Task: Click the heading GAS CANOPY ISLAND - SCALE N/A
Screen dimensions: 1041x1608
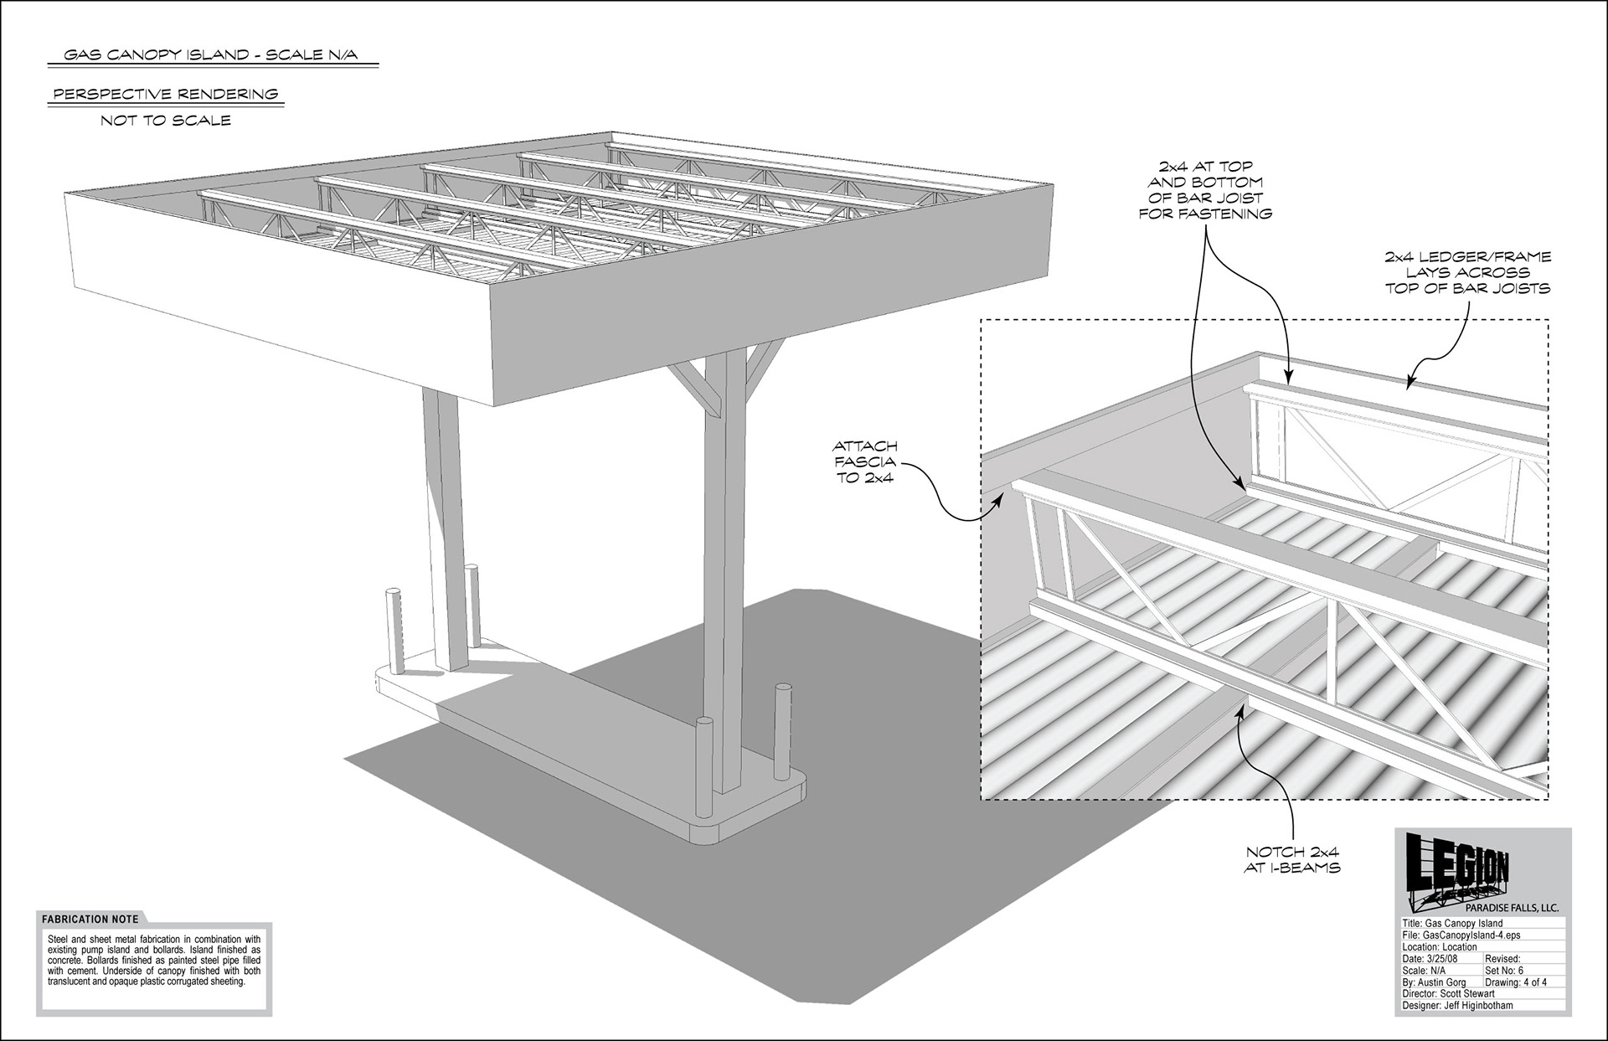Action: [212, 55]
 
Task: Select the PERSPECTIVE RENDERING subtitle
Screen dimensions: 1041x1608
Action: [166, 94]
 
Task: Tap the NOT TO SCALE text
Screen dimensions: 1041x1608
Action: [166, 121]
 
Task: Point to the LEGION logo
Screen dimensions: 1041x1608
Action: [1457, 871]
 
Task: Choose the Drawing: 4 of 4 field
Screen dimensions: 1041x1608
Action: [1516, 982]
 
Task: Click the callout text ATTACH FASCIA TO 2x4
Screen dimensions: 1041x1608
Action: [864, 462]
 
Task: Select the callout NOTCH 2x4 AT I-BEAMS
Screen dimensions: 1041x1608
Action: [1292, 860]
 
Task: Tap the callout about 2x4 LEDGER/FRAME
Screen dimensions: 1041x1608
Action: [1467, 272]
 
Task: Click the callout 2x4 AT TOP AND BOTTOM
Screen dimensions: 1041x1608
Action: [1205, 190]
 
